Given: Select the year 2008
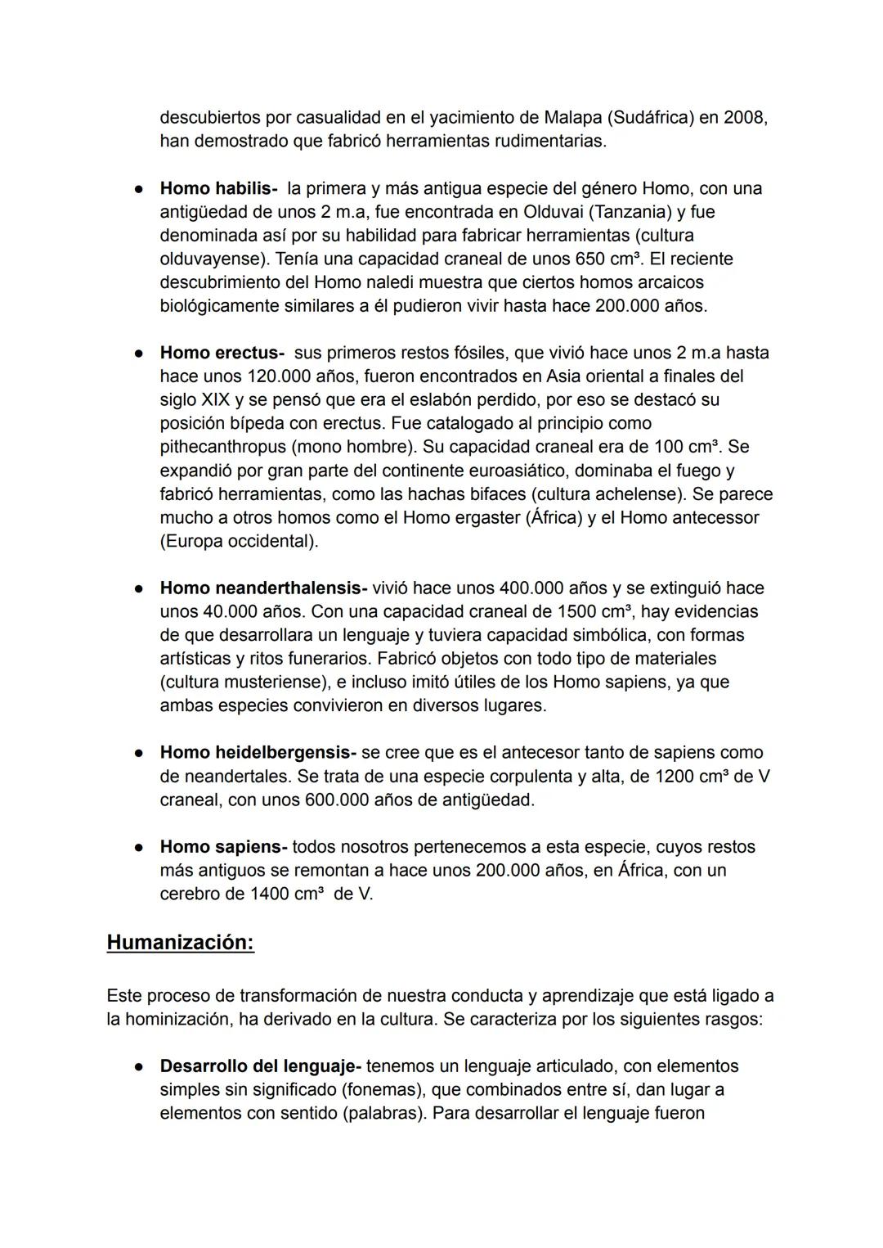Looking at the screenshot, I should pyautogui.click(x=746, y=118).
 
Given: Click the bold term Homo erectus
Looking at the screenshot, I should pyautogui.click(x=220, y=353).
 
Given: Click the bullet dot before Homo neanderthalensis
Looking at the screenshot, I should pyautogui.click(x=140, y=588).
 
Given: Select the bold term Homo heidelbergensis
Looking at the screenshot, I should pyautogui.click(x=257, y=752).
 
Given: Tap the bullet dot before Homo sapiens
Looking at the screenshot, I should pyautogui.click(x=140, y=847).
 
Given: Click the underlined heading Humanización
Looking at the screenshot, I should pyautogui.click(x=181, y=942).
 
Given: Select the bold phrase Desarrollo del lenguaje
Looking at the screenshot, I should pyautogui.click(x=259, y=1066).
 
